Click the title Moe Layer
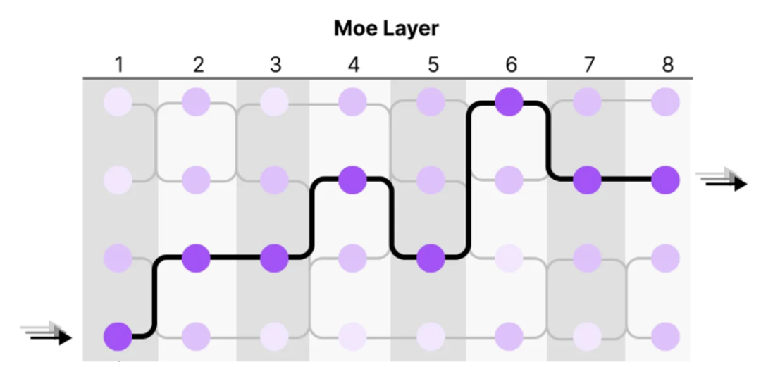[386, 29]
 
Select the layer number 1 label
[118, 66]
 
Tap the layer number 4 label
[354, 66]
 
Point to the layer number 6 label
[510, 66]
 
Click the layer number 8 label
[667, 66]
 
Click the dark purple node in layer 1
[118, 336]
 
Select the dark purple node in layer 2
[197, 259]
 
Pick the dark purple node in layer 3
[275, 259]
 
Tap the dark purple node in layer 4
[353, 181]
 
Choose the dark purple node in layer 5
[431, 259]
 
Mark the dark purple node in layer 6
[509, 104]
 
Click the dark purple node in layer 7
[588, 181]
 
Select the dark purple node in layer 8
[666, 181]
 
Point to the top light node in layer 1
[118, 104]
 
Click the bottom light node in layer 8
[666, 336]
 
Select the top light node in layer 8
[666, 104]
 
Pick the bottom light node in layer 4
[353, 336]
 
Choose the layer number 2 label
[197, 66]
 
